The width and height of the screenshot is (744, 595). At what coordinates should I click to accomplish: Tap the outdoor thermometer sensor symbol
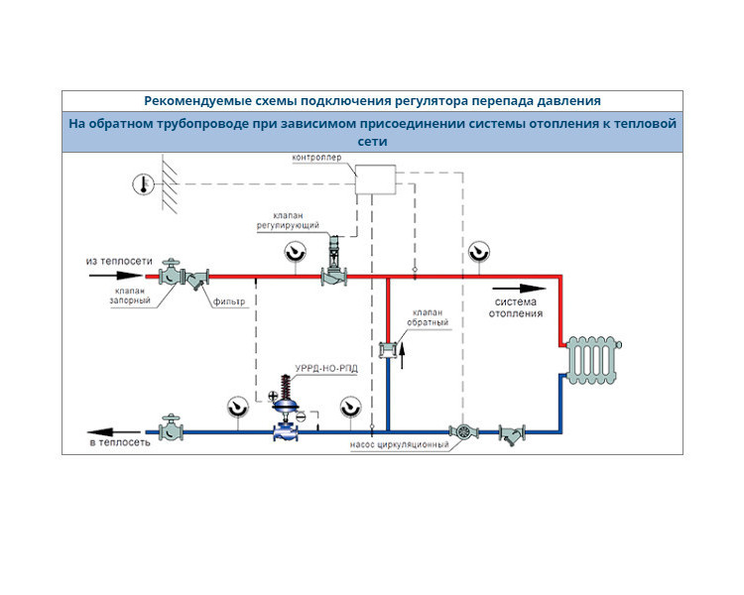(143, 184)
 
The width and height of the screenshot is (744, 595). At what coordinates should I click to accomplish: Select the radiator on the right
(593, 360)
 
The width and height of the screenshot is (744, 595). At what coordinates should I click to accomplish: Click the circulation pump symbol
(464, 431)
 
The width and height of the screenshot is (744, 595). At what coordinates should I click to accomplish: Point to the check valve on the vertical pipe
(388, 350)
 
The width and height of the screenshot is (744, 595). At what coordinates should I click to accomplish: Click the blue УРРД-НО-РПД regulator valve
(286, 409)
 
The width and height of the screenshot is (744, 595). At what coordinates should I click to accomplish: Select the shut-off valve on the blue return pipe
(171, 427)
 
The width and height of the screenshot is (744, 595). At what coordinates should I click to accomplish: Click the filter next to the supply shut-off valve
(197, 279)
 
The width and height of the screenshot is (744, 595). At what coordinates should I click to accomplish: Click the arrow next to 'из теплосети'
(116, 276)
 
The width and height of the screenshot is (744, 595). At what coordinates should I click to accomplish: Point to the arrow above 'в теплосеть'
(114, 431)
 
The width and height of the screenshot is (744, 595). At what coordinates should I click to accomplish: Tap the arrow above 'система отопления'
(519, 289)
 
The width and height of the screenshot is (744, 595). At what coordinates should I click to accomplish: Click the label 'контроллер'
(316, 157)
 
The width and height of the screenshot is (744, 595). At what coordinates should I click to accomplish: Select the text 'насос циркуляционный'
(399, 445)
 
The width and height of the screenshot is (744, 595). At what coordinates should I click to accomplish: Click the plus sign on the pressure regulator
(273, 396)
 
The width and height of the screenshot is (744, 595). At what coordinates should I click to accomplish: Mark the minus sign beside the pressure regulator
(301, 416)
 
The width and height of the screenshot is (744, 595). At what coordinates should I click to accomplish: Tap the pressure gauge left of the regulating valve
(296, 252)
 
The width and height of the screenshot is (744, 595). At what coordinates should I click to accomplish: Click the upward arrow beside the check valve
(403, 356)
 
